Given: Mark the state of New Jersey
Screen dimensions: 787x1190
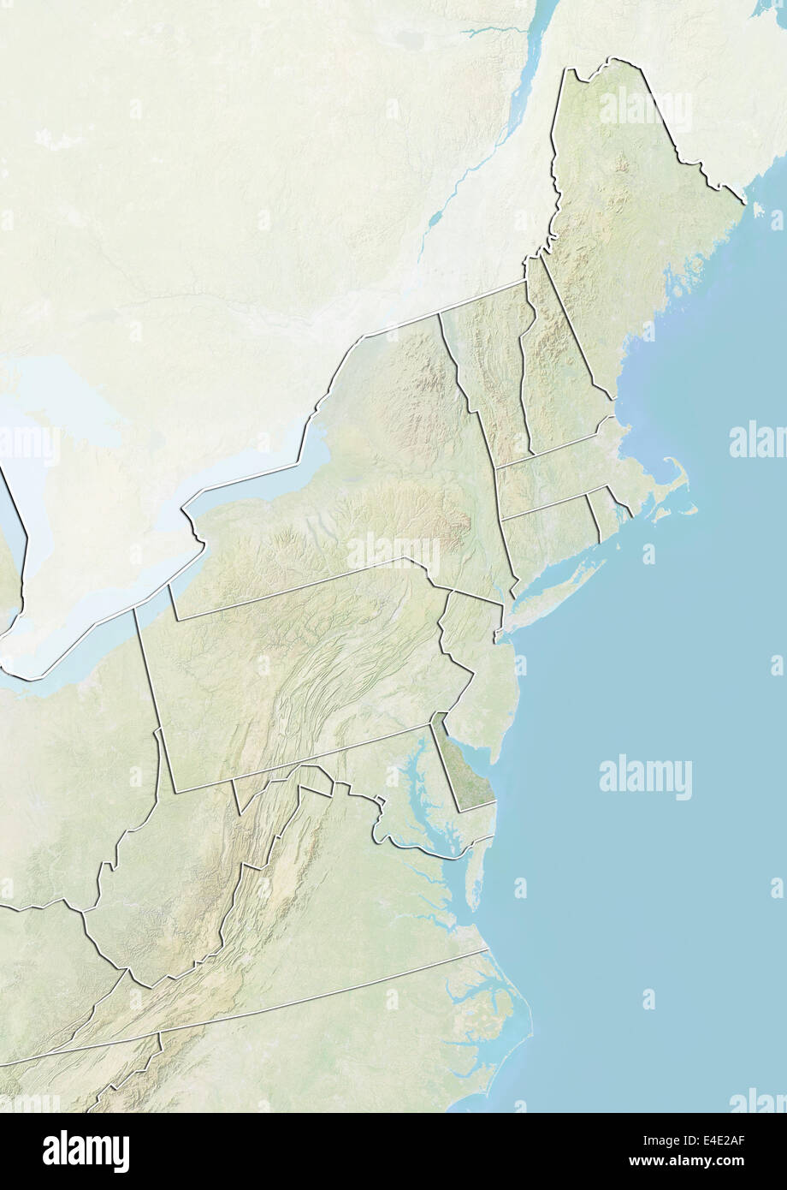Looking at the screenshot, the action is click(x=479, y=676).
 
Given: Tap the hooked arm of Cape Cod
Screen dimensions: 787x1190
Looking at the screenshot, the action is click(x=676, y=479).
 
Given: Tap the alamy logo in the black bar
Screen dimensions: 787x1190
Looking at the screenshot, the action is click(x=86, y=1151).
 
